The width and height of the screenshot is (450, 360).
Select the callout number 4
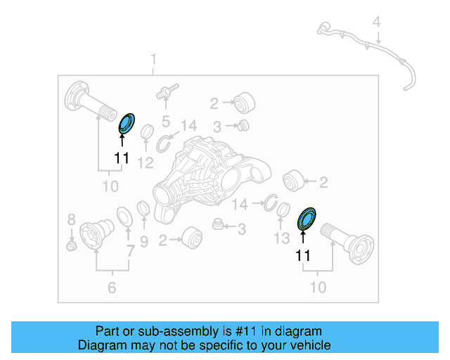(377, 22)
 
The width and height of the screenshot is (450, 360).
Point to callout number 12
(145, 164)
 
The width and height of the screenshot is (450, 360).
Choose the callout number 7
(129, 250)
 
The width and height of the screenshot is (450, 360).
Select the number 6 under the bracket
(112, 287)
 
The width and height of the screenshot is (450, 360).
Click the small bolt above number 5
(166, 92)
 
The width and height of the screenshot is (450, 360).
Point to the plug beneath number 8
(71, 246)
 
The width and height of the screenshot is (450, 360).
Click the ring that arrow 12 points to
(148, 131)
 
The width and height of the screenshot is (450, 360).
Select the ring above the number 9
(142, 209)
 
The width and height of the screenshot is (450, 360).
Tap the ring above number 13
(284, 210)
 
